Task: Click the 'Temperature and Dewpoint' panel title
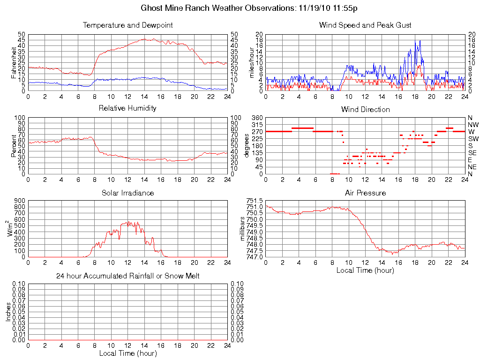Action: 127,25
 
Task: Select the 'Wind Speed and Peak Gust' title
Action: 365,25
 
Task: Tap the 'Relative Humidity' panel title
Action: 127,108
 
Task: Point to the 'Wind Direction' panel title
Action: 365,109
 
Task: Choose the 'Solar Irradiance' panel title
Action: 127,193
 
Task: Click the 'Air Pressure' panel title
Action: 365,193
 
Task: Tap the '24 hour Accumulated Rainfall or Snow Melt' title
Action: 127,276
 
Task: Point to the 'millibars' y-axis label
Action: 243,229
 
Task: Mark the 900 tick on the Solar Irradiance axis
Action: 19,201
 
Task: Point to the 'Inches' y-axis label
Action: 8,312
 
